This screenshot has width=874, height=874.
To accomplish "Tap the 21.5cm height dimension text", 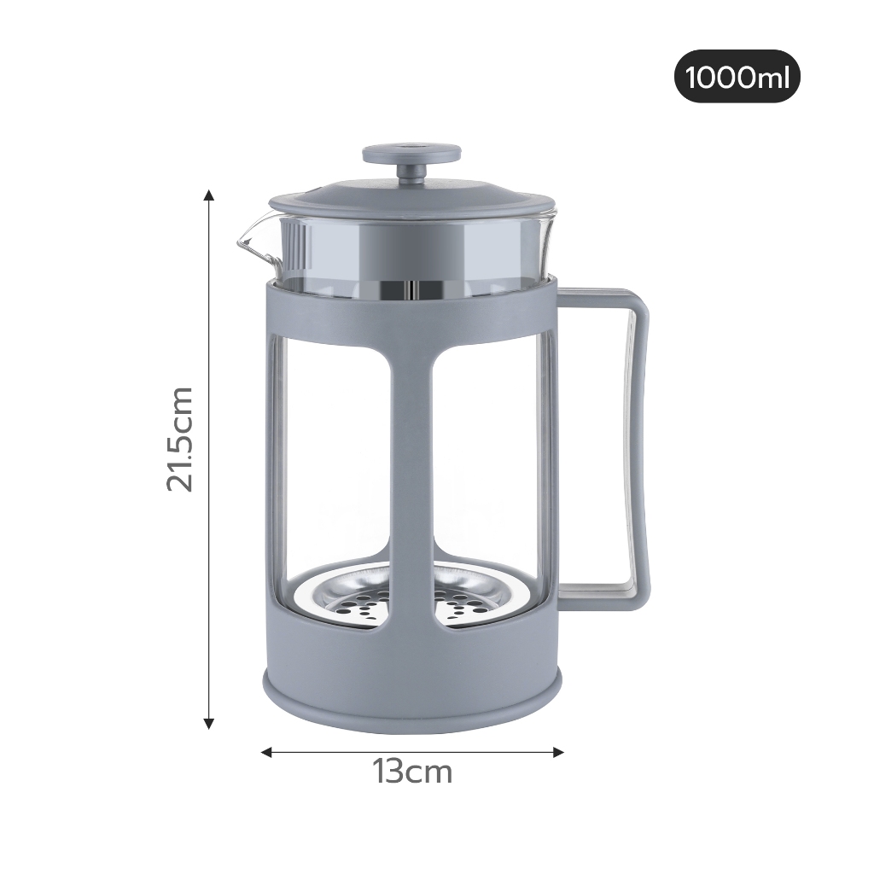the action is (x=180, y=439).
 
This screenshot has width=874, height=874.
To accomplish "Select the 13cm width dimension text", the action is (x=412, y=772).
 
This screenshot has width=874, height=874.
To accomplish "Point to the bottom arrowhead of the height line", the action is (x=209, y=724).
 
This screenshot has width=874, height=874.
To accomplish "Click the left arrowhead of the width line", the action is (x=267, y=753).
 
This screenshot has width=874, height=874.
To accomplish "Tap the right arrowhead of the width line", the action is (x=558, y=753).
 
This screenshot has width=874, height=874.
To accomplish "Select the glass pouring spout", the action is (x=251, y=241).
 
